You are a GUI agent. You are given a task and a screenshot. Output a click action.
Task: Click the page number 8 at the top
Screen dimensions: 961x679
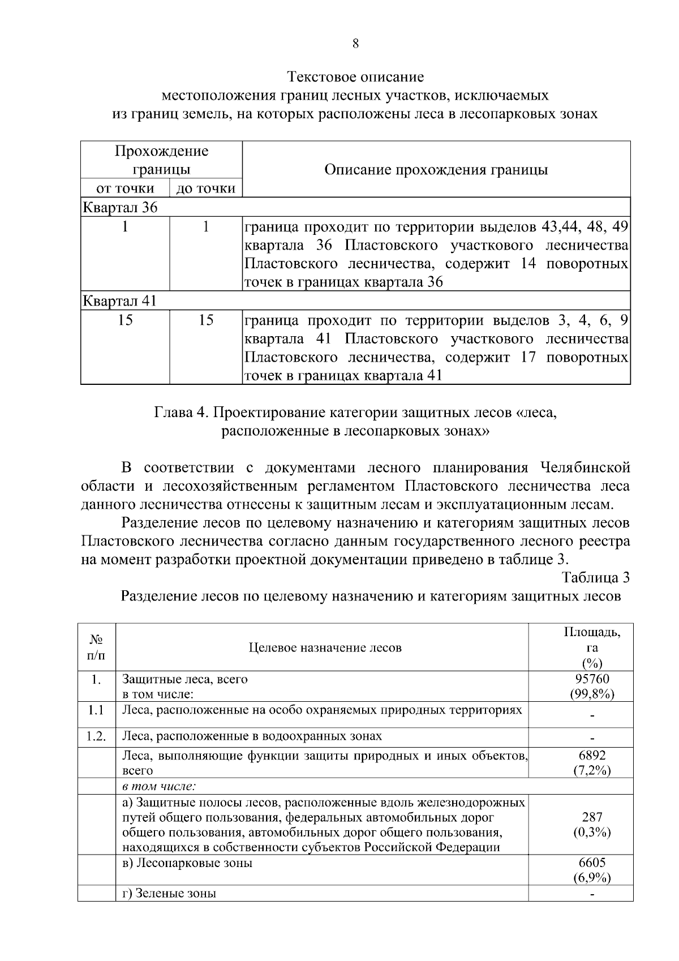click(x=355, y=44)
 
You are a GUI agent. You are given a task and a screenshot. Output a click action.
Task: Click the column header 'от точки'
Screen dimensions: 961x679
click(x=125, y=188)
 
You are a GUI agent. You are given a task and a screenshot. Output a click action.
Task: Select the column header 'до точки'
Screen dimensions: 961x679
click(x=206, y=188)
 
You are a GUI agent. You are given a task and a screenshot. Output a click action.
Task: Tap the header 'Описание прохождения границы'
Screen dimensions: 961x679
click(x=436, y=170)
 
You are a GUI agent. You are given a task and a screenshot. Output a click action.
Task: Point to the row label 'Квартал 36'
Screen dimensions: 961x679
click(x=120, y=207)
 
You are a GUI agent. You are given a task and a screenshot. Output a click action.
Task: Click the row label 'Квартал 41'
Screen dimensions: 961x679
click(x=119, y=301)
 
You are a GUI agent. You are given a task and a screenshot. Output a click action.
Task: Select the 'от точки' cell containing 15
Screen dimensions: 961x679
click(x=125, y=320)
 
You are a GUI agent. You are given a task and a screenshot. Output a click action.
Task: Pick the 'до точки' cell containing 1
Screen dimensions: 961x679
click(x=206, y=227)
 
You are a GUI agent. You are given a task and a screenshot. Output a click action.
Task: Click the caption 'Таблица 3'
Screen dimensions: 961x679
click(x=595, y=577)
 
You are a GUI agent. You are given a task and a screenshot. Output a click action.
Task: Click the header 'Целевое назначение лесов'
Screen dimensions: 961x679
click(x=325, y=647)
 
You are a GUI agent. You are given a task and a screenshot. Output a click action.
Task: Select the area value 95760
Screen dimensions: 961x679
click(x=592, y=679)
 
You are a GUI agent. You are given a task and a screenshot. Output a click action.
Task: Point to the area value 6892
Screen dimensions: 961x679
click(x=592, y=755)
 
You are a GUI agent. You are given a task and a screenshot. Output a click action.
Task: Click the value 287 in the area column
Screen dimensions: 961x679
click(x=592, y=817)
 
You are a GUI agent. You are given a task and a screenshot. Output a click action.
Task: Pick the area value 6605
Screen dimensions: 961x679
click(x=592, y=863)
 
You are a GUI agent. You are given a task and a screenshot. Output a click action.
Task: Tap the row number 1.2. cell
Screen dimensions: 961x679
click(x=96, y=736)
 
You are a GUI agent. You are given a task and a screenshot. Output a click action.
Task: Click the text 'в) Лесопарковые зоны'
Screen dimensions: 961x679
click(x=187, y=863)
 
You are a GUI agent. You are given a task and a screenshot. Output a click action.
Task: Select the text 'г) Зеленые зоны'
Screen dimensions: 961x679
click(x=169, y=894)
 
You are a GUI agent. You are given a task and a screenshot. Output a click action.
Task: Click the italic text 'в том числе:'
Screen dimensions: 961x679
click(x=159, y=786)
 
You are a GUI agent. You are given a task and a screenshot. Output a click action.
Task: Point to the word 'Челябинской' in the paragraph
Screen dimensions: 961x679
click(x=585, y=467)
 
